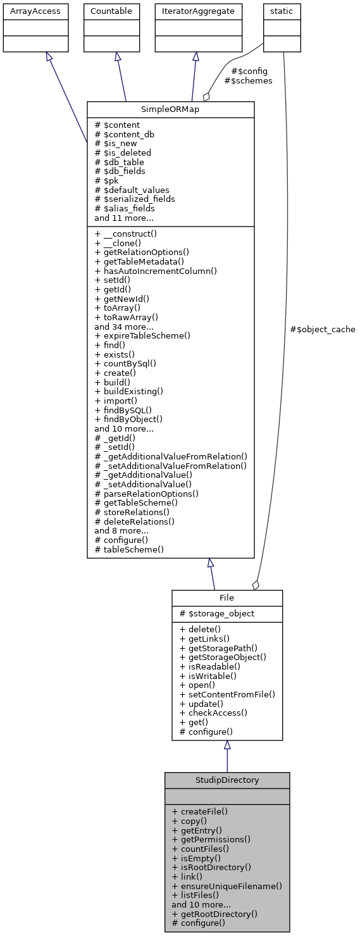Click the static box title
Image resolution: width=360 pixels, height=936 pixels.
(x=282, y=11)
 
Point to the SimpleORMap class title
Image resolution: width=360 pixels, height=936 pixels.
(x=170, y=109)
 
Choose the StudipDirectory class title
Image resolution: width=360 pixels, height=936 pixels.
(x=227, y=780)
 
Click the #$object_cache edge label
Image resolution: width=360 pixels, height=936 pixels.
(x=322, y=329)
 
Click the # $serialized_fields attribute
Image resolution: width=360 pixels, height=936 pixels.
(x=134, y=199)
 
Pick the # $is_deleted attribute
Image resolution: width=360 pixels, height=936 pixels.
(x=122, y=153)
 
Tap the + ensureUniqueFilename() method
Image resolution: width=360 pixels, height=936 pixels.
(x=227, y=886)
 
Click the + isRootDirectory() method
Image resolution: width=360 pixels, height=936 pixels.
(x=211, y=867)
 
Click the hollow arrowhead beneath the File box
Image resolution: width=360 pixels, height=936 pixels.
(x=227, y=746)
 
